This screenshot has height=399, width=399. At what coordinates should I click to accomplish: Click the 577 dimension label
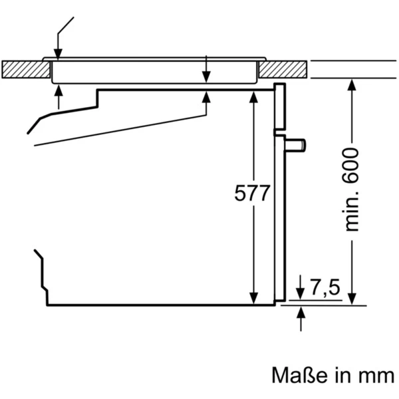pos(253,194)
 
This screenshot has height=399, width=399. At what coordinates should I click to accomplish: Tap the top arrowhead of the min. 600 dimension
pos(352,84)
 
